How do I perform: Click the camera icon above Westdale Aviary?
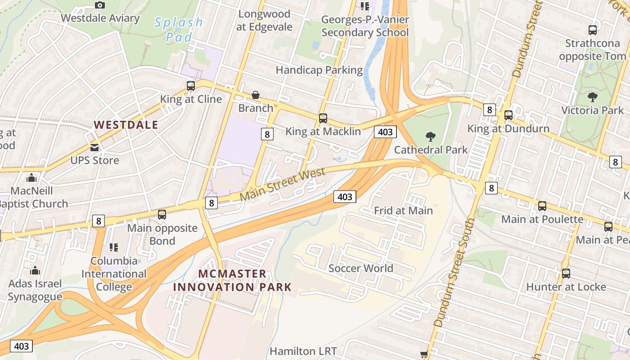click(x=100, y=5)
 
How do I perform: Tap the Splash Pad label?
click(x=179, y=29)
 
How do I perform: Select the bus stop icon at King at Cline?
click(x=191, y=85)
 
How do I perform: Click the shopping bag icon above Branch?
click(x=256, y=95)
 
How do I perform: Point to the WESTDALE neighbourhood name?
click(x=126, y=125)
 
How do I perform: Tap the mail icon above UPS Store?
click(x=94, y=147)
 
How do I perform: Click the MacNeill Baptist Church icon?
click(x=31, y=178)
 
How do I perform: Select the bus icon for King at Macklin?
click(x=323, y=118)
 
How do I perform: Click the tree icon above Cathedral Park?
click(x=431, y=136)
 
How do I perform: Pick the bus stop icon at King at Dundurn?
click(x=508, y=115)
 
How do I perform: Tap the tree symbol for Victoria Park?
click(x=593, y=97)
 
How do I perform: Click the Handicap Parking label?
click(x=319, y=70)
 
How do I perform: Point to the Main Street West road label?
click(x=282, y=185)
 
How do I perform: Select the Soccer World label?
click(x=361, y=269)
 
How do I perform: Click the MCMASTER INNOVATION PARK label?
click(x=232, y=280)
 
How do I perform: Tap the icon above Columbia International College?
click(x=114, y=247)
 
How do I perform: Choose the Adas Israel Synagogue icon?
click(x=35, y=271)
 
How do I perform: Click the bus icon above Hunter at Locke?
click(x=566, y=273)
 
